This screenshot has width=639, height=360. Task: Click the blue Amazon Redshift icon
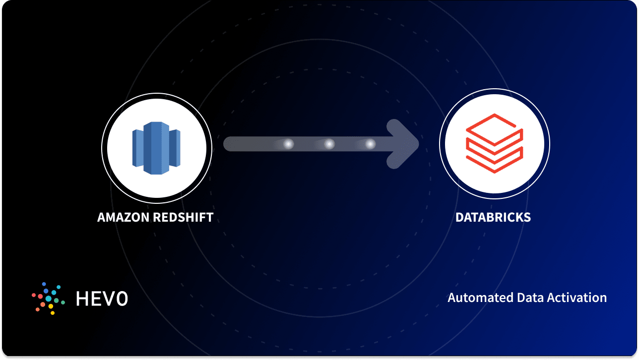156,148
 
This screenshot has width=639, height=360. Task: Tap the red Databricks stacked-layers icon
494,144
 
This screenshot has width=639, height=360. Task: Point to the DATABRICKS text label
493,217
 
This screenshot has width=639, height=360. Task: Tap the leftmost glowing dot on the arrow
288,144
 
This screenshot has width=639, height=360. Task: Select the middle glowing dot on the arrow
329,144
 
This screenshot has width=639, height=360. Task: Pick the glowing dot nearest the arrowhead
370,144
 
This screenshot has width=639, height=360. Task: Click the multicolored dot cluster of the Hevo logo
48,298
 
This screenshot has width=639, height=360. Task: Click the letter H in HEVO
82,298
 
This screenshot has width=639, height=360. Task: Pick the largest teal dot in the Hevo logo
49,299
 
